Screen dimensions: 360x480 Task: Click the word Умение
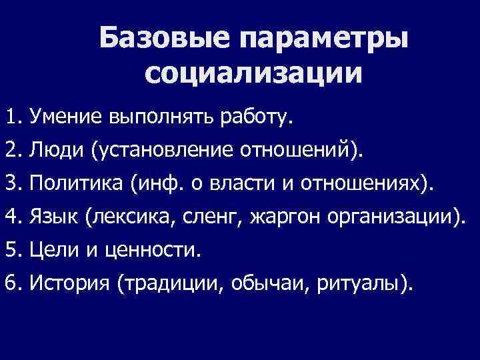tap(66, 118)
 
